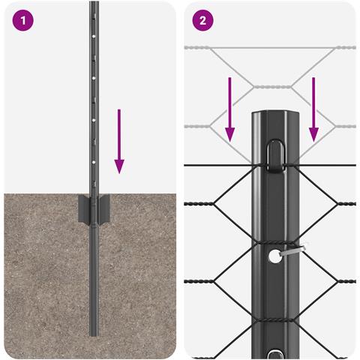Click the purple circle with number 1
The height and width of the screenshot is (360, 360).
tap(22, 20)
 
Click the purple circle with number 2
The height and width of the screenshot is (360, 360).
tap(202, 20)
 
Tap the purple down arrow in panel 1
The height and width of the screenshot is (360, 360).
tap(119, 141)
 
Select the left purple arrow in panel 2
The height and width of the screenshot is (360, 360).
tap(229, 109)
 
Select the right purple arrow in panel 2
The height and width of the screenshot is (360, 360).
tap(313, 109)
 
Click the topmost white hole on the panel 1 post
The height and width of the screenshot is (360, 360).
tap(94, 36)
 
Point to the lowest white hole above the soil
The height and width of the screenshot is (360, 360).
tap(94, 162)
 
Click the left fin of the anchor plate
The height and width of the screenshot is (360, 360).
tap(84, 208)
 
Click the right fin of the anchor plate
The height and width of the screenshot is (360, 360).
tap(103, 209)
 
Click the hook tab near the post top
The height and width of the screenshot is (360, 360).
tap(275, 156)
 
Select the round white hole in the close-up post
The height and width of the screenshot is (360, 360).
tap(274, 256)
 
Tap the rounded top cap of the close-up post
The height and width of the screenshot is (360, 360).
tap(275, 114)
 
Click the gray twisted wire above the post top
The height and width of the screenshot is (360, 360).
tap(273, 87)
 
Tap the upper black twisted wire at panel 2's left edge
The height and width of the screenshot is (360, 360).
tap(199, 204)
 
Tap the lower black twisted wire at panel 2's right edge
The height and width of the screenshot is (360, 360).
tap(346, 281)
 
